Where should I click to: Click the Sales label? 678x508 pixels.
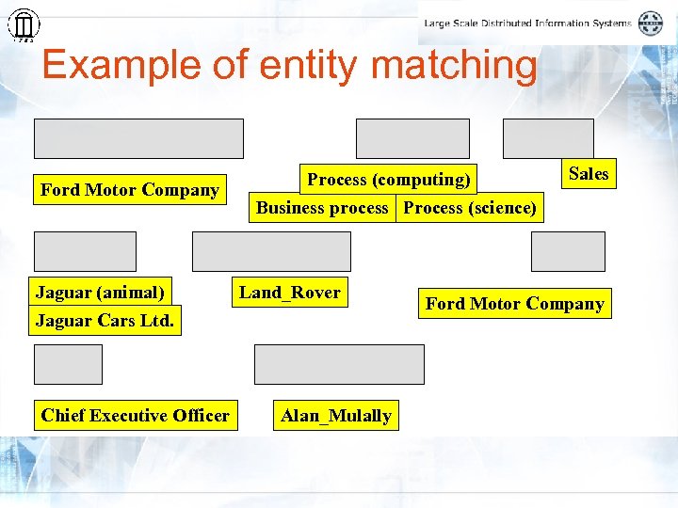click(x=589, y=174)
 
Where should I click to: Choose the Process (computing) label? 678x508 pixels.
click(x=389, y=180)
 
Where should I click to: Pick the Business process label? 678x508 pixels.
click(x=322, y=208)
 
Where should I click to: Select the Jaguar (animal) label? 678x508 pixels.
click(x=100, y=293)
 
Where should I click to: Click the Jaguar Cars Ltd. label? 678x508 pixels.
click(x=105, y=321)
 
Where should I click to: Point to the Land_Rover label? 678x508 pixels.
click(x=289, y=293)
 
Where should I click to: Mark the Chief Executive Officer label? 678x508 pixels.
click(x=135, y=416)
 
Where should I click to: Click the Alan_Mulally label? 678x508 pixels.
click(x=336, y=416)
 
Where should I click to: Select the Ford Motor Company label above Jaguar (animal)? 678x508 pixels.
click(x=130, y=190)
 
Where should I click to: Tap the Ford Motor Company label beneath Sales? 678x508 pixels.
click(x=514, y=304)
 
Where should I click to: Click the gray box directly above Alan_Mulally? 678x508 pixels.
click(x=339, y=364)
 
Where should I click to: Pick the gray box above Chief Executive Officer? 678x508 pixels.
click(x=68, y=364)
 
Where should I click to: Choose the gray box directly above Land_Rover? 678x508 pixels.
click(x=271, y=251)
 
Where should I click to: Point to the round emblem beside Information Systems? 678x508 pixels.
click(x=651, y=24)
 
